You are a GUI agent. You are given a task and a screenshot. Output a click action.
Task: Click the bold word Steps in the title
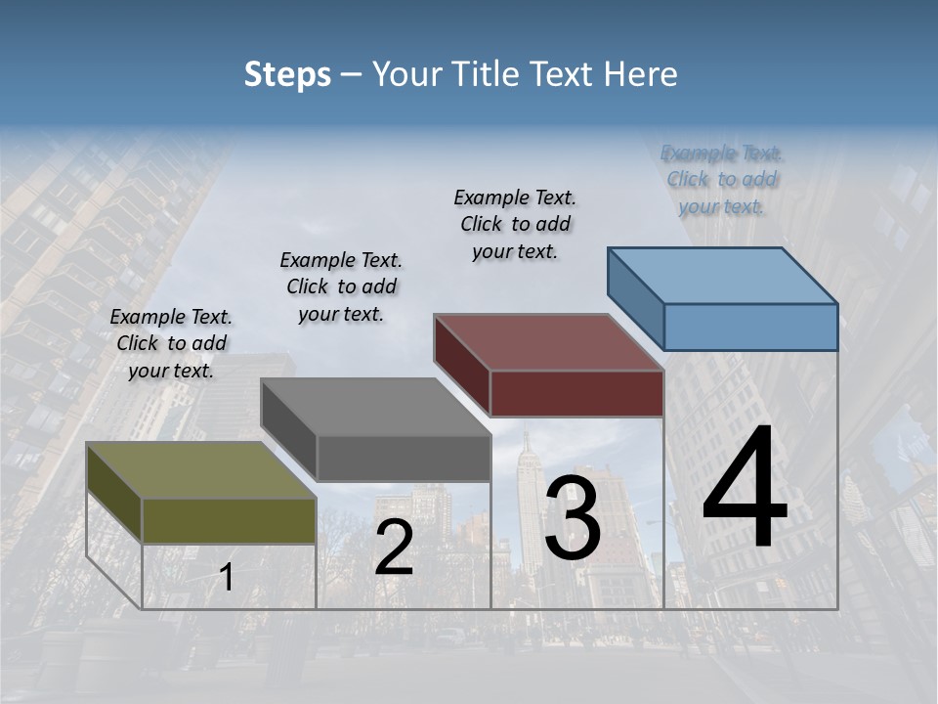tap(287, 74)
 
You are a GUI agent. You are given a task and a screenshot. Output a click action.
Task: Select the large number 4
tap(745, 489)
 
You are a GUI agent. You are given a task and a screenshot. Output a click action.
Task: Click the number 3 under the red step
tap(573, 519)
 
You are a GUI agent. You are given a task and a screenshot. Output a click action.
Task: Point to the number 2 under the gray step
tap(394, 548)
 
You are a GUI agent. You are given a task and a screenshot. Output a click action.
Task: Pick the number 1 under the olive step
tap(226, 578)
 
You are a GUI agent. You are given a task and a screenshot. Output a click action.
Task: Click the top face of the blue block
tap(723, 275)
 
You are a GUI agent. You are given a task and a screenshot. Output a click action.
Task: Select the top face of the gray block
tap(376, 406)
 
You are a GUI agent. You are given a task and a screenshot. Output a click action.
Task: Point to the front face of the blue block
tap(750, 327)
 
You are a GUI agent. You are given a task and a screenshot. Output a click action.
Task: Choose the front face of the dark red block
tap(576, 393)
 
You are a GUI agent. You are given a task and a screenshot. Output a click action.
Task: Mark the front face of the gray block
tap(404, 458)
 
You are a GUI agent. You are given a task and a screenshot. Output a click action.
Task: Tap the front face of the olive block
tap(230, 520)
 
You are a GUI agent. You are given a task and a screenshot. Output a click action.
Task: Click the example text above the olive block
tap(171, 343)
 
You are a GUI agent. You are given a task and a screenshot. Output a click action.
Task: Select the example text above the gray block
tap(341, 286)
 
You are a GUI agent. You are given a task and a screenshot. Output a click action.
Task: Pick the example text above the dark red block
tap(515, 224)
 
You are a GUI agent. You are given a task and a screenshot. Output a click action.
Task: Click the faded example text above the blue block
tap(722, 179)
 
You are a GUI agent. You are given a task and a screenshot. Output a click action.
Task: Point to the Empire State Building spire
tap(527, 440)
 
